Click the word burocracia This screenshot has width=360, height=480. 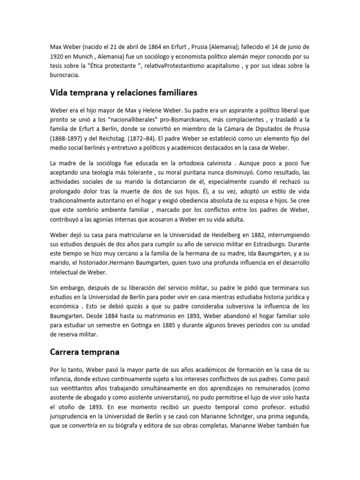pyautogui.click(x=65, y=75)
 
